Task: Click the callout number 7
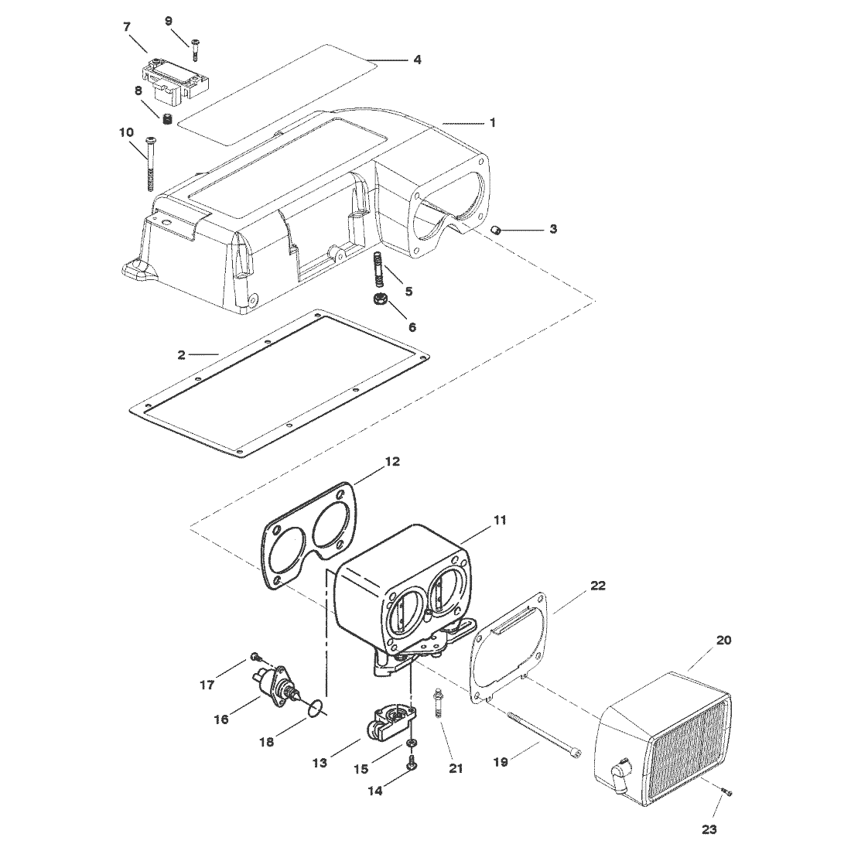[127, 26]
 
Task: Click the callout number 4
[417, 60]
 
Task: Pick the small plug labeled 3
[495, 230]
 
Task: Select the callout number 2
[181, 355]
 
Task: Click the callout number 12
[392, 462]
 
